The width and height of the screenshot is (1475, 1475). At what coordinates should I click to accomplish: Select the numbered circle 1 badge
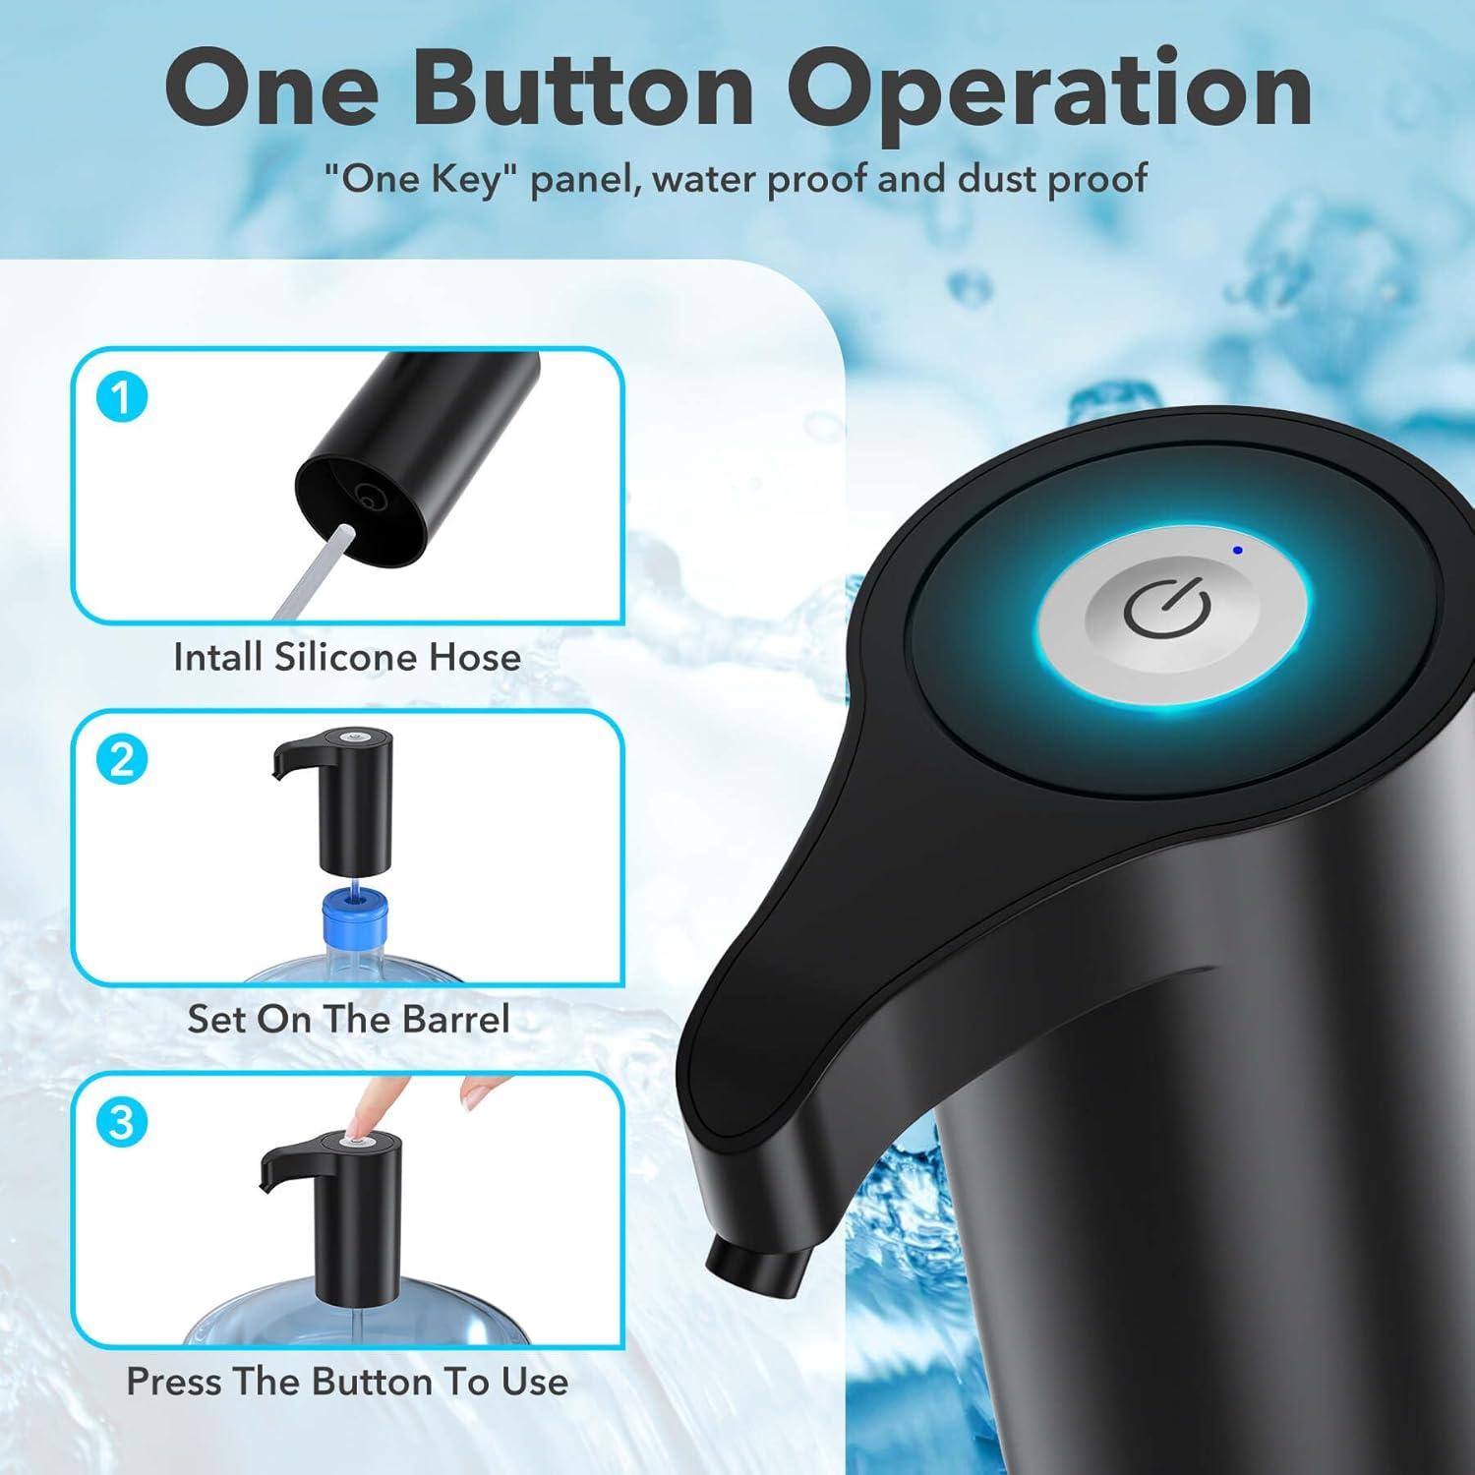tap(121, 398)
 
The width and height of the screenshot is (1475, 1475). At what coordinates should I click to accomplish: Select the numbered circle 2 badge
tap(121, 760)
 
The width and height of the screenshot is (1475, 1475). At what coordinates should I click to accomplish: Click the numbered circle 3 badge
tap(121, 1121)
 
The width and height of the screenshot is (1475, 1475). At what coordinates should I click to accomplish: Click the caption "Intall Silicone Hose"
tap(346, 657)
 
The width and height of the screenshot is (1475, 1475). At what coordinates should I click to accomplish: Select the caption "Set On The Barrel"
tap(348, 1019)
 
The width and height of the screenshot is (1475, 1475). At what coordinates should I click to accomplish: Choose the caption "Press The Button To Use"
tap(347, 1382)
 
